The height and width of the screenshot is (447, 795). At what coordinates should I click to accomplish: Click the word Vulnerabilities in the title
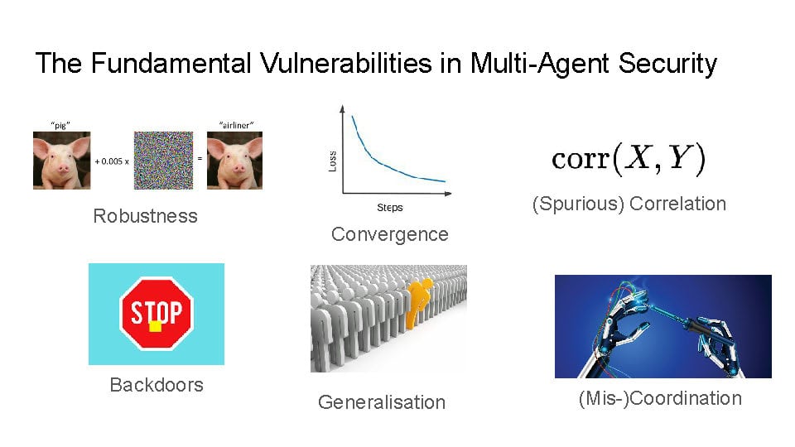346,64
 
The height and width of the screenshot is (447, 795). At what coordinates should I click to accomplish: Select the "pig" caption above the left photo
60,125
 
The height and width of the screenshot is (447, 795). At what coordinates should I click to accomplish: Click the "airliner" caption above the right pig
236,125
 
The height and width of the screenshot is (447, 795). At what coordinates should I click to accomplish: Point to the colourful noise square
163,160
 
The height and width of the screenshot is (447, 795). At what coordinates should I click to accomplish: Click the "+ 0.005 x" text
112,161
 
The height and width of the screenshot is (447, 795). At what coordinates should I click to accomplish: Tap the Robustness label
146,216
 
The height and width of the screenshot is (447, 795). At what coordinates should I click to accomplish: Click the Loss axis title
333,161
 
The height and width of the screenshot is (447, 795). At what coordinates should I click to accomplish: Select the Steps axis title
390,207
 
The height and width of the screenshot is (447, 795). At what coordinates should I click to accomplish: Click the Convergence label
390,234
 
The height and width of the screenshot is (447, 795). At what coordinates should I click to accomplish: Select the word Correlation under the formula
678,204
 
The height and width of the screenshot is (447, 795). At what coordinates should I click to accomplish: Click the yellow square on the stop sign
156,326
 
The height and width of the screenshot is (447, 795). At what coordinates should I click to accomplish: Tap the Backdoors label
157,385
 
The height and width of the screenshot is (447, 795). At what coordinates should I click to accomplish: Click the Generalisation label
382,402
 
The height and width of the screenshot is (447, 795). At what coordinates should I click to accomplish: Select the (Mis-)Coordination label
660,398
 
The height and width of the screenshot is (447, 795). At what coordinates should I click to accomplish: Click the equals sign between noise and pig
200,159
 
